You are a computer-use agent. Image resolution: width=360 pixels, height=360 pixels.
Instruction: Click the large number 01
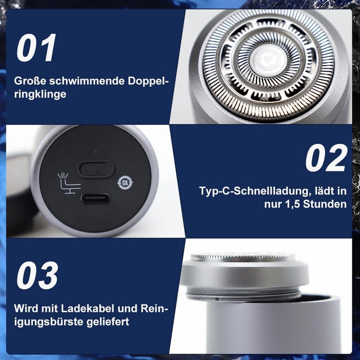36,48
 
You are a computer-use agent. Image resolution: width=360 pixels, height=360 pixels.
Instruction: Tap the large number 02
326,158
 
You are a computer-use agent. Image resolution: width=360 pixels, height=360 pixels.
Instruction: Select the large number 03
37,275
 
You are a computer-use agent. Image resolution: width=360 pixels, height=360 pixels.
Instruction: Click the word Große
30,81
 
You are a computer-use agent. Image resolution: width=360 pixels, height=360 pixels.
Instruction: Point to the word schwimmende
86,81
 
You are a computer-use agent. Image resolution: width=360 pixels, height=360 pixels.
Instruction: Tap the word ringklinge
40,94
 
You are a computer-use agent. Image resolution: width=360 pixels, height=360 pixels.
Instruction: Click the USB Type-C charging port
95,198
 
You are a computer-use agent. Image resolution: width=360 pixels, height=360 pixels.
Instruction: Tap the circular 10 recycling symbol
125,183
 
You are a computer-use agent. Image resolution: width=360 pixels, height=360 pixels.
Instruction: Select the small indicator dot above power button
95,151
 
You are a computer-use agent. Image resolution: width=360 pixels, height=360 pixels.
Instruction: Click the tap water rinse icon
69,183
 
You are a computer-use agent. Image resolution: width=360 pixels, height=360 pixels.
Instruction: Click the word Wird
26,308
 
